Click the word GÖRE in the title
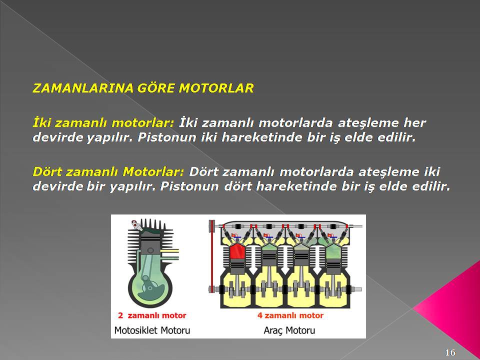156,88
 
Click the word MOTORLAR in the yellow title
216,88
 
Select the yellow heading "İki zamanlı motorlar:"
103,123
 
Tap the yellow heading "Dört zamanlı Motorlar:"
108,171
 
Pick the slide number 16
450,352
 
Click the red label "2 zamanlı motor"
152,315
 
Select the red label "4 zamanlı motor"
290,315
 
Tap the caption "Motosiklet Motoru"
152,330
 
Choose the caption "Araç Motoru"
289,330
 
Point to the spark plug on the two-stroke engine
136,225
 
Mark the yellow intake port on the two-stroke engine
170,253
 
